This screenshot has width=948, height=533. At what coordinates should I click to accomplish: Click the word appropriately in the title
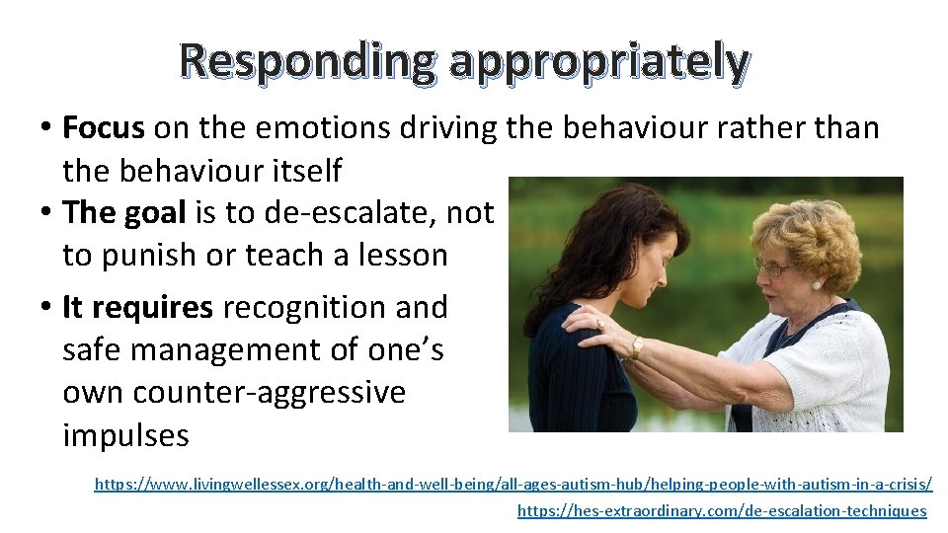[597, 62]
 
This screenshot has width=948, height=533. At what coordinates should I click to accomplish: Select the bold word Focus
[104, 127]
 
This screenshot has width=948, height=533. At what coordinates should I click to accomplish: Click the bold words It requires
[137, 307]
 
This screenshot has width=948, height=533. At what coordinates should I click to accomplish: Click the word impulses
[125, 434]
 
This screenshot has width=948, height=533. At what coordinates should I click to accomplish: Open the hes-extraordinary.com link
[722, 510]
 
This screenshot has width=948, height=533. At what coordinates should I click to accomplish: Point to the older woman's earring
[817, 285]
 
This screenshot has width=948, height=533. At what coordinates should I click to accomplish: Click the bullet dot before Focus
[46, 128]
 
